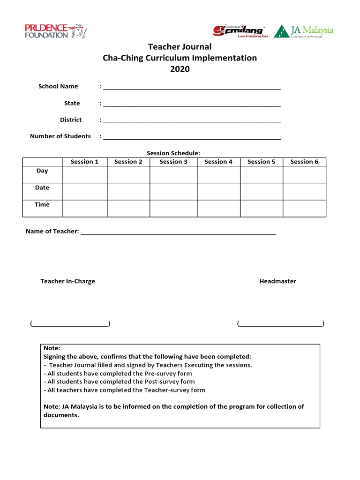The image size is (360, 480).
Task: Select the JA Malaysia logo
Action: (x=304, y=31)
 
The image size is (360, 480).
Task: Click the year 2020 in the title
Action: (x=180, y=69)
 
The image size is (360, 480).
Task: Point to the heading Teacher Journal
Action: (x=180, y=47)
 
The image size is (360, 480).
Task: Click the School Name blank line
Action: (x=192, y=87)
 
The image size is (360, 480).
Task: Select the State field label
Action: (x=72, y=103)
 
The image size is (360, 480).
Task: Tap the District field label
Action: (x=71, y=120)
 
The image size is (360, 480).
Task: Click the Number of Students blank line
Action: (x=192, y=137)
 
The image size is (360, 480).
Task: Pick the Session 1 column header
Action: (x=84, y=162)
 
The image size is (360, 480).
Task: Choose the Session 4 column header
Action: (x=218, y=162)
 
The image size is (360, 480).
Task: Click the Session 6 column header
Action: (x=304, y=162)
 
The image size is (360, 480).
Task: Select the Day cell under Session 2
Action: (x=128, y=174)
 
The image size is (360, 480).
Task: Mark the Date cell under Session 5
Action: (x=261, y=191)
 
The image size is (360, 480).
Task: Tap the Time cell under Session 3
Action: (x=173, y=208)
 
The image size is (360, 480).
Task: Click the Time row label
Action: (x=42, y=205)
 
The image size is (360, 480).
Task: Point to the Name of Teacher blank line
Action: (x=179, y=232)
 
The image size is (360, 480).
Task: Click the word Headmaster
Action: (x=278, y=281)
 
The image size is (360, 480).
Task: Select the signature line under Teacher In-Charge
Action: (x=70, y=324)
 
